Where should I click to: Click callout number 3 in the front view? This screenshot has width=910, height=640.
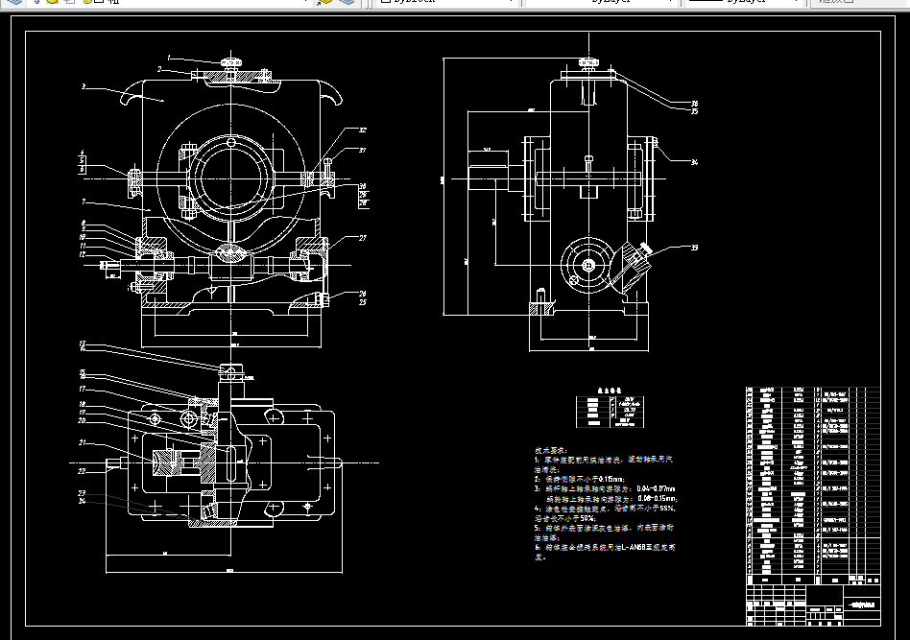84,86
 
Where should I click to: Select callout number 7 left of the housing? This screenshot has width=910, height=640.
84,201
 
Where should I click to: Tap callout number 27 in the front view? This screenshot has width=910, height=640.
363,238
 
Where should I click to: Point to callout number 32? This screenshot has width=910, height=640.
363,130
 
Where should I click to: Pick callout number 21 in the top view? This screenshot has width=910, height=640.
84,442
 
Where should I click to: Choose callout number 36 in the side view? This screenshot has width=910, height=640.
694,104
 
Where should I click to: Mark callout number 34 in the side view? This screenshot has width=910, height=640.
694,162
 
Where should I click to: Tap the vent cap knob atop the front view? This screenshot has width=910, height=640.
231,62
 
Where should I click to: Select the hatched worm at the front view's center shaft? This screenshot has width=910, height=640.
231,253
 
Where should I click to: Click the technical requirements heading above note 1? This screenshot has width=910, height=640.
551,449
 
